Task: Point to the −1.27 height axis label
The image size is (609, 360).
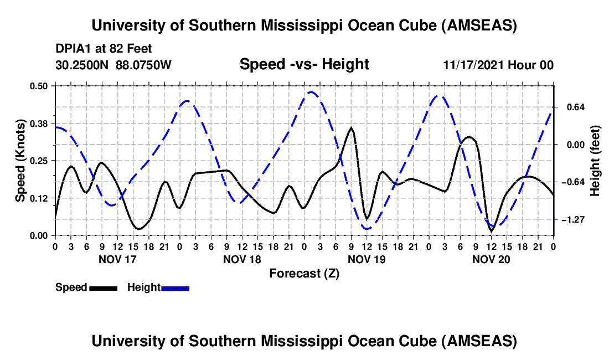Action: pos(572,220)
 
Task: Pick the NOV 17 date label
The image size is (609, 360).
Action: pos(117,259)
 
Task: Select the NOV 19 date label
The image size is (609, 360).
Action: pos(367,259)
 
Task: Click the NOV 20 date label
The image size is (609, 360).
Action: pos(491,259)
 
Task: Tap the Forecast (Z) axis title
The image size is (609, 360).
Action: pos(304,273)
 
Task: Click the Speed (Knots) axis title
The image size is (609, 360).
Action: pos(20,160)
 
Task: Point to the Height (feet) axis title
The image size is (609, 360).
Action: pos(595,160)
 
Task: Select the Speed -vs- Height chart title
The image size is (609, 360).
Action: pos(304,64)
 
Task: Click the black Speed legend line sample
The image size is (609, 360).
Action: pos(103,287)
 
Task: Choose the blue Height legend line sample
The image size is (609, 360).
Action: pos(176,287)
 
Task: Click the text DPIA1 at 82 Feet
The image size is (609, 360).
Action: pos(104,49)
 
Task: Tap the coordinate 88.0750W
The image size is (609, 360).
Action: pos(144,65)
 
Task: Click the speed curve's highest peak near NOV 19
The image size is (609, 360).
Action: pos(351,128)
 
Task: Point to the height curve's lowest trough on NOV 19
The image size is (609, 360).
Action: pos(367,228)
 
